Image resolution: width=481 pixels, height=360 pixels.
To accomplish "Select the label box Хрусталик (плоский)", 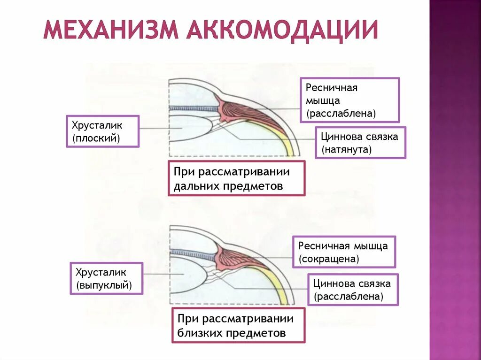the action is [x=102, y=131].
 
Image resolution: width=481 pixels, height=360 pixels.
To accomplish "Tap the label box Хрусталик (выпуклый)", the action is [x=106, y=278].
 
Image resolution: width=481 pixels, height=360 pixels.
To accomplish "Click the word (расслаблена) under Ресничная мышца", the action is [x=341, y=114].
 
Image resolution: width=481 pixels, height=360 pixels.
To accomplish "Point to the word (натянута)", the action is [x=347, y=150].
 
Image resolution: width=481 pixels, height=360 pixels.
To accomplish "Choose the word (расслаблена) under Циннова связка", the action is [x=349, y=296].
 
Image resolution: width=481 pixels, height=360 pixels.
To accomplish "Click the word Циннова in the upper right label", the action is [x=340, y=137].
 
